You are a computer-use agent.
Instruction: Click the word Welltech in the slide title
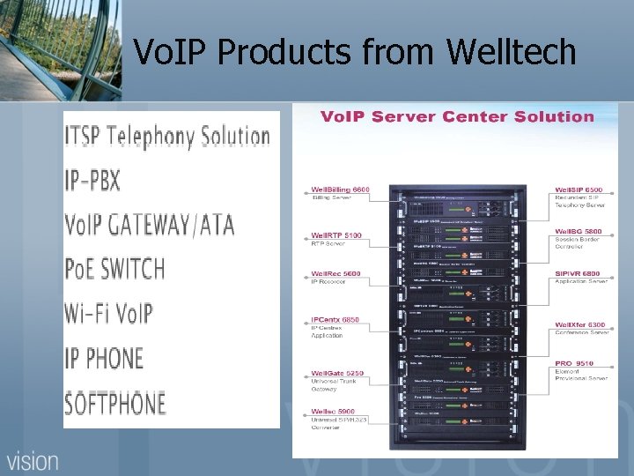point(511,53)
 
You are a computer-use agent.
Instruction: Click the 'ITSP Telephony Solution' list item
point(166,137)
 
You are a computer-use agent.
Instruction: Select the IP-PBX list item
point(92,181)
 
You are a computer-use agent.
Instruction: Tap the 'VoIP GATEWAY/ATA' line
point(150,225)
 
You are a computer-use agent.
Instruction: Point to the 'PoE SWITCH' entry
point(114,268)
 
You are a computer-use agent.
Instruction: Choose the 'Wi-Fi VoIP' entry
point(108,313)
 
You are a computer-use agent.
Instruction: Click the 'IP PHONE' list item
point(104,358)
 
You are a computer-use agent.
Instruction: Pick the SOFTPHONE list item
point(115,403)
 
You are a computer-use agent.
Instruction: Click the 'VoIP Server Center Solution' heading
point(457,117)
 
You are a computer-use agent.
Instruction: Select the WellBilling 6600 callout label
point(340,190)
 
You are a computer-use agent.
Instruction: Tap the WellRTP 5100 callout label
point(336,236)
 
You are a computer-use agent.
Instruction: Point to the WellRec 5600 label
point(335,274)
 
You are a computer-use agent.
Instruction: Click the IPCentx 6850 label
point(335,320)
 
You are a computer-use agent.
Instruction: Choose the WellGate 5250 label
point(337,374)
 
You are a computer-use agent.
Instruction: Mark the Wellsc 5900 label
point(333,412)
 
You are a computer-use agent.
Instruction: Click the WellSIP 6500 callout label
point(579,190)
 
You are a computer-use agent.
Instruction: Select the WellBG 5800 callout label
point(579,231)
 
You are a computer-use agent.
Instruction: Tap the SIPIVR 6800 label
point(578,274)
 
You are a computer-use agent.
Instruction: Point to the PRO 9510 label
point(574,363)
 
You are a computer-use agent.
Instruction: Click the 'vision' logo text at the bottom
point(33,459)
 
